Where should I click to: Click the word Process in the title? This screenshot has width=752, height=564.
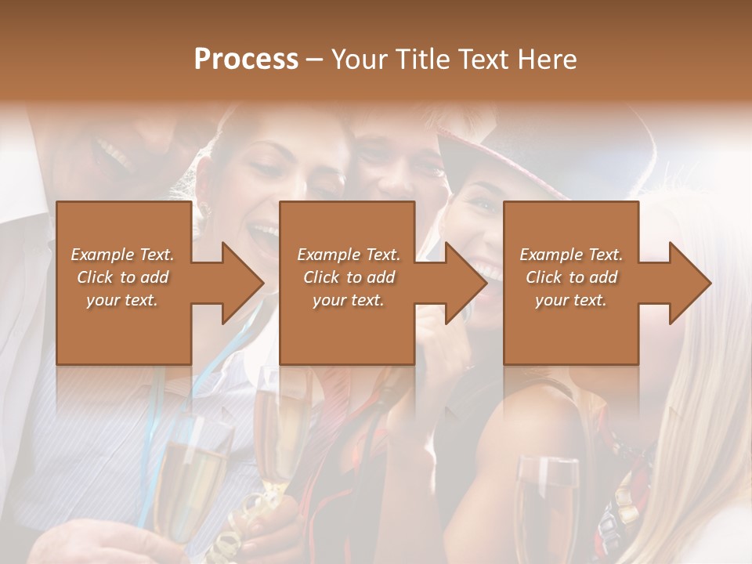tap(246, 60)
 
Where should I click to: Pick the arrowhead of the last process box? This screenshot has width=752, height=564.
tap(689, 283)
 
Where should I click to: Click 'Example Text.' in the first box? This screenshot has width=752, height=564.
tap(122, 255)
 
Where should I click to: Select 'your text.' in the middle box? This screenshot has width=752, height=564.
tap(348, 300)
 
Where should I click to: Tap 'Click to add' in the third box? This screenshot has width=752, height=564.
tap(571, 277)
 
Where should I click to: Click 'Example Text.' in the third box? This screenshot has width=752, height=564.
tap(571, 255)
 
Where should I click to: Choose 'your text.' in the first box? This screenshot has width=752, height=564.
tap(122, 300)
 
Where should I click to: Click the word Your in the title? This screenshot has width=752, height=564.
tap(359, 60)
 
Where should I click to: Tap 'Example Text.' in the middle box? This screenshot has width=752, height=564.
tap(348, 255)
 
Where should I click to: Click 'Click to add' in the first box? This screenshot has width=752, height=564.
tap(122, 277)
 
